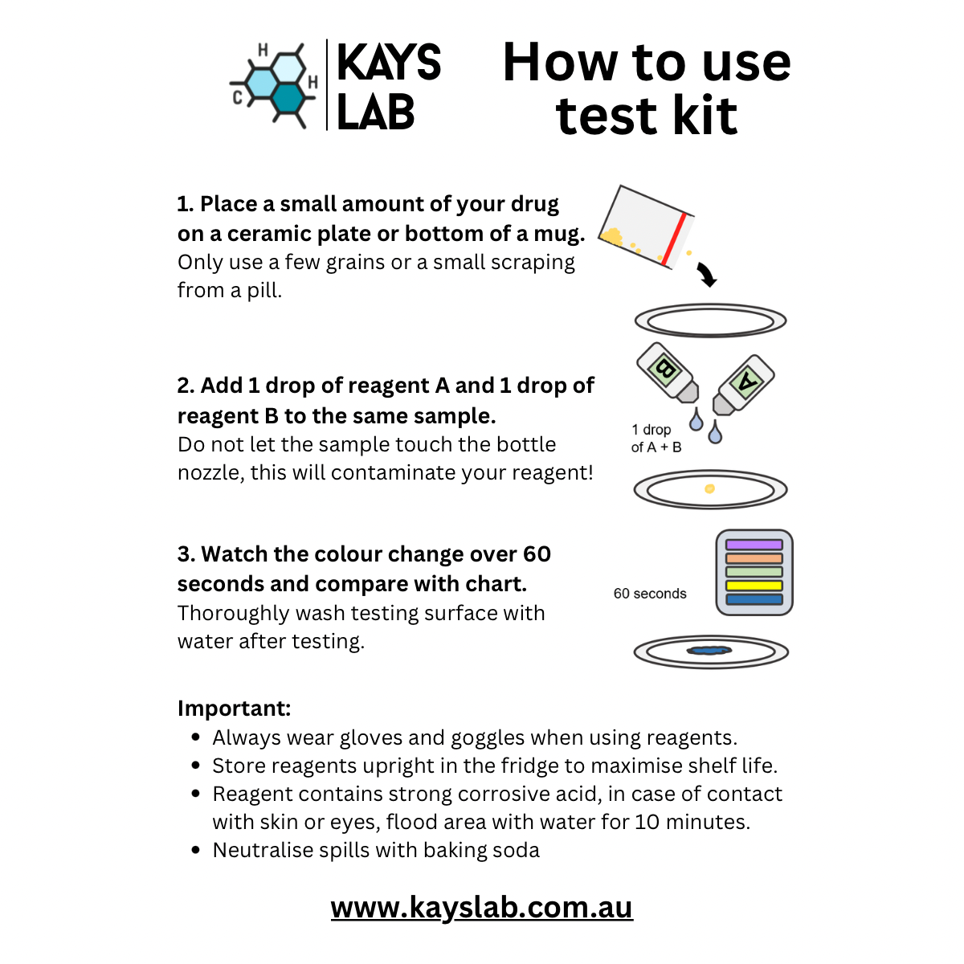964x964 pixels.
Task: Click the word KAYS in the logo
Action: coord(389,63)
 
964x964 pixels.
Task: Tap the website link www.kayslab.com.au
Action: coord(482,907)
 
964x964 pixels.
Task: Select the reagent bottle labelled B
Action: coord(668,374)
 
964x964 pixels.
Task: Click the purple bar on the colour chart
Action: coord(754,545)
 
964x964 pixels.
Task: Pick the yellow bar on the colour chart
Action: coord(754,586)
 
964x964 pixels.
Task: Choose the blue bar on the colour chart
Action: coord(754,599)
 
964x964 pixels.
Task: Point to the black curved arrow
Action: coord(706,275)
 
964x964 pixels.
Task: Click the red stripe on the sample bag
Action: coord(674,239)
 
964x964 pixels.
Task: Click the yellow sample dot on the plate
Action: coord(709,488)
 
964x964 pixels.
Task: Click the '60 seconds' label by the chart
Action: coord(650,594)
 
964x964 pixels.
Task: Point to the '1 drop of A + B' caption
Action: coord(656,439)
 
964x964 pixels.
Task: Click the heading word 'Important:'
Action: coord(234,709)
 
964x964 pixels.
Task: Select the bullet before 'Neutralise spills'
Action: coord(196,850)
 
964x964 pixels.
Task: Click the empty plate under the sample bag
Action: coord(710,321)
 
